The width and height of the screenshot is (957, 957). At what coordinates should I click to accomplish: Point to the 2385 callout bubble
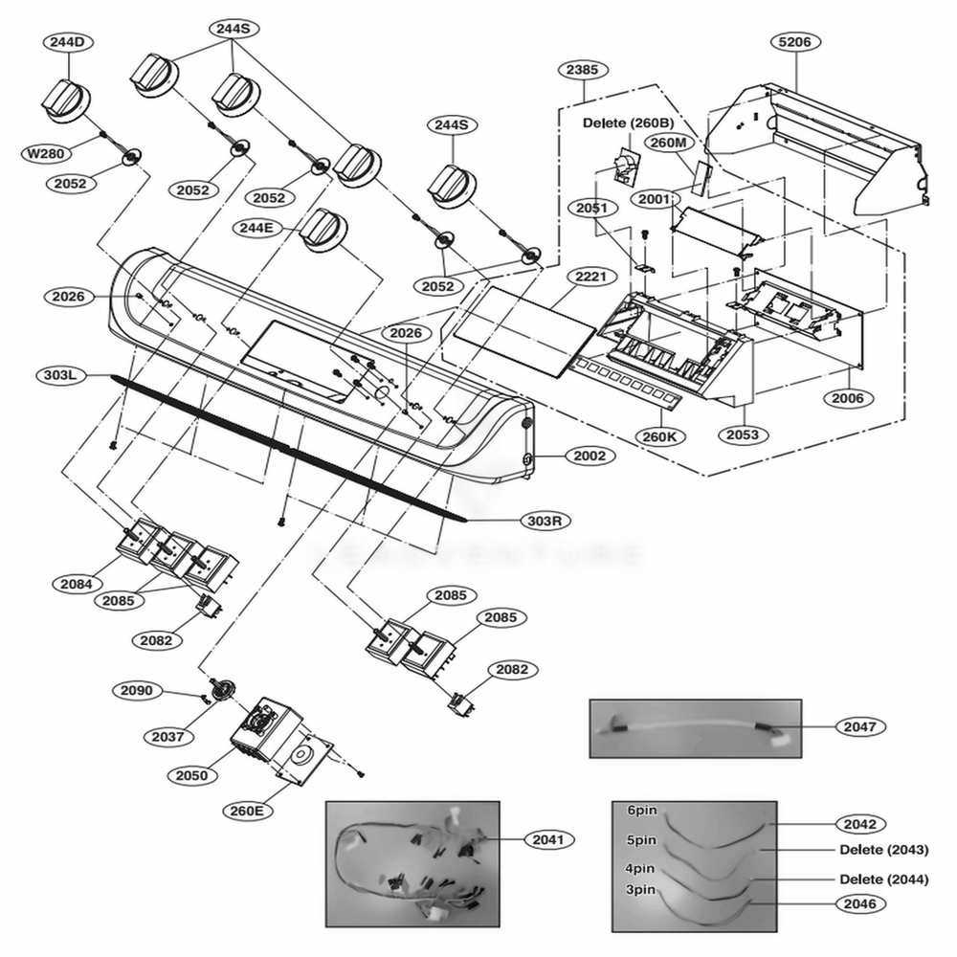tap(583, 70)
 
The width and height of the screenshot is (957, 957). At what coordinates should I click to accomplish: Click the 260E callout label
tap(246, 811)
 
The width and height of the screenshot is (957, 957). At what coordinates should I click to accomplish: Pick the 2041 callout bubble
tap(548, 839)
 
